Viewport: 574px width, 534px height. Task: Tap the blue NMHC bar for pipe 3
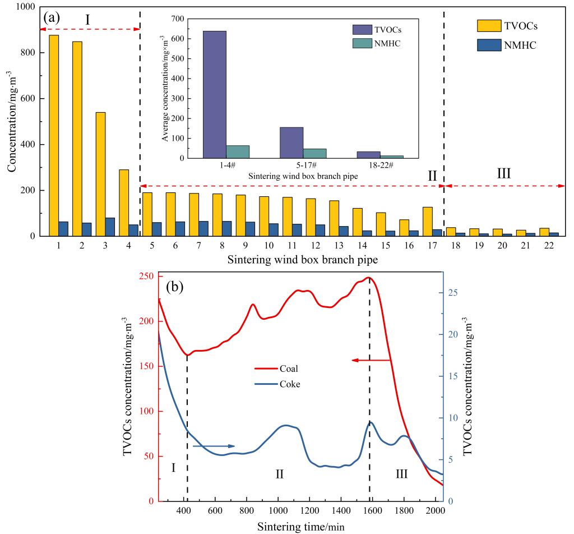110,227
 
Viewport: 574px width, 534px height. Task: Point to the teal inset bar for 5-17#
314,153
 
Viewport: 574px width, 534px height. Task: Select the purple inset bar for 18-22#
369,155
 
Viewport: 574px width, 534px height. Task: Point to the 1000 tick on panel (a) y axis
25,7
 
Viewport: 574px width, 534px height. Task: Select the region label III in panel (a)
504,173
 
